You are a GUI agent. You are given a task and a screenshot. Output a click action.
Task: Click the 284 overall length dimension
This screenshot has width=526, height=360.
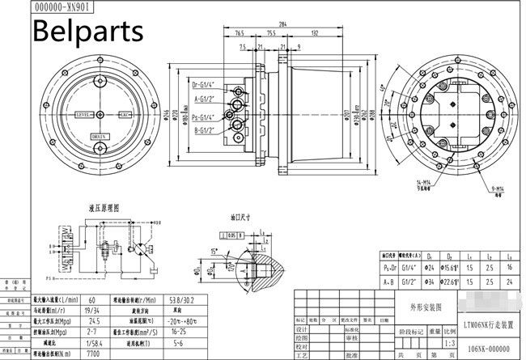pyautogui.click(x=282, y=25)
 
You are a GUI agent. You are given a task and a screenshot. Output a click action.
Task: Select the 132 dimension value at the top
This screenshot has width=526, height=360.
pyautogui.click(x=313, y=34)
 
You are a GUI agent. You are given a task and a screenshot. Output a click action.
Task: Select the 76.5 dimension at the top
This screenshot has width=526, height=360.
pyautogui.click(x=240, y=34)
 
